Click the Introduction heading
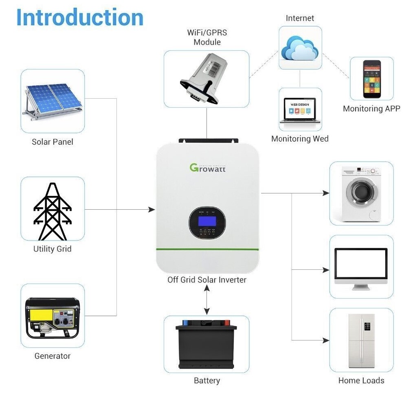tap(80, 17)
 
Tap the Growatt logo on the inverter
tap(207, 167)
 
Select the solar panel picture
tap(52, 100)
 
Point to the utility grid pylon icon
tap(52, 211)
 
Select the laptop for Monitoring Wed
tap(299, 110)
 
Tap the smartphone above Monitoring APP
tap(371, 79)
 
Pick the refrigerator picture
tap(361, 340)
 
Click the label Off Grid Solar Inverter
tap(207, 280)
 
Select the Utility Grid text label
tap(52, 249)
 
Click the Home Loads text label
tap(361, 380)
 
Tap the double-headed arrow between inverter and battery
tap(207, 299)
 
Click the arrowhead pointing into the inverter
tap(152, 210)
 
